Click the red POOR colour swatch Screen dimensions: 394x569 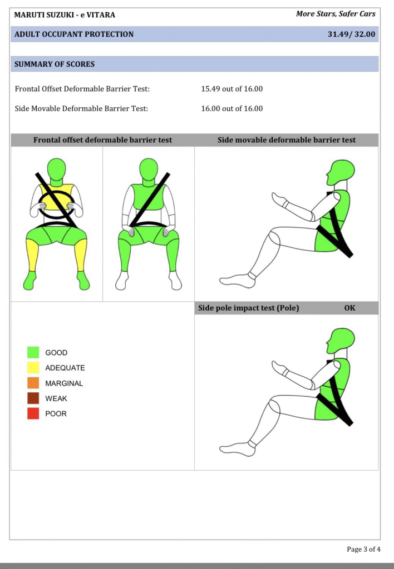[33, 413]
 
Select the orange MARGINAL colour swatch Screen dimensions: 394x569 [33, 383]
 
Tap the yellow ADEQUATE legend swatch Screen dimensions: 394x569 [33, 368]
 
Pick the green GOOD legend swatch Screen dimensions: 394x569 [33, 352]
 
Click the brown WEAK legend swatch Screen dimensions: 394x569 [33, 398]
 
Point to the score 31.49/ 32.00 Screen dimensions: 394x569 [351, 34]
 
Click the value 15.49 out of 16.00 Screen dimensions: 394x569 [232, 89]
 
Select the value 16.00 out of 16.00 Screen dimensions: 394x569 [232, 108]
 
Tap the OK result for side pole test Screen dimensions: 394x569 [349, 308]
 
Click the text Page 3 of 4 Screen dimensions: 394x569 [363, 549]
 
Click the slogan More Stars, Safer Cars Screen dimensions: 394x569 [336, 14]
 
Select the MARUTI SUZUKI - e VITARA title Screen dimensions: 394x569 [65, 15]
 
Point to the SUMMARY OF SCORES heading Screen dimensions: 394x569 [55, 64]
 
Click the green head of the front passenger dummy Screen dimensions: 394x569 [148, 168]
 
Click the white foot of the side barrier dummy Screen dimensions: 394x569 [238, 280]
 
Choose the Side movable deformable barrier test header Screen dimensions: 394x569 [287, 140]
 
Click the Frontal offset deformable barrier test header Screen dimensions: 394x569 [102, 140]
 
